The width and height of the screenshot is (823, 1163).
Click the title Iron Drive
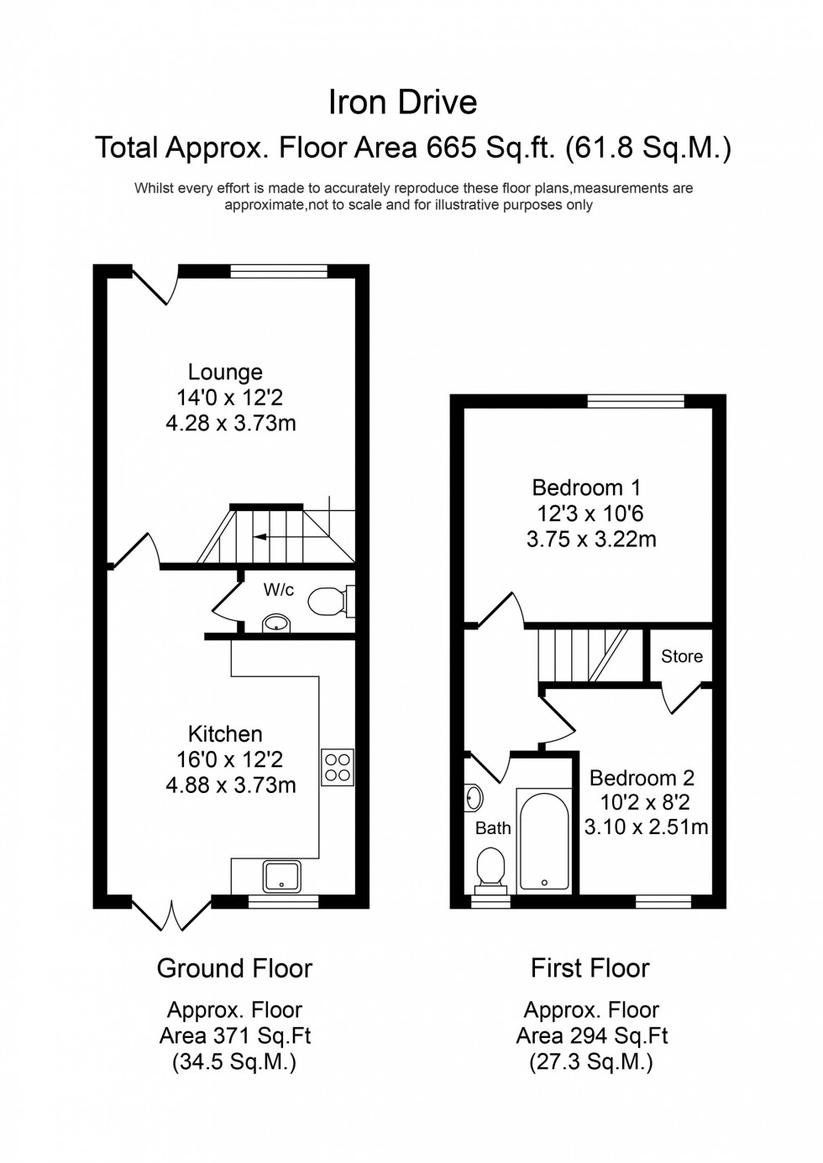[402, 102]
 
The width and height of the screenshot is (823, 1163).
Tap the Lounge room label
[225, 372]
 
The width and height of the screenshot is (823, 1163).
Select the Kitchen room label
[225, 733]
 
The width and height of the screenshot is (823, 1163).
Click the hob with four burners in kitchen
[338, 766]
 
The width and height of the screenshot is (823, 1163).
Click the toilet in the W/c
[329, 601]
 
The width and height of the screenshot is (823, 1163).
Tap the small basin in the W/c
[276, 623]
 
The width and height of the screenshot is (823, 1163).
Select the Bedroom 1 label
[587, 488]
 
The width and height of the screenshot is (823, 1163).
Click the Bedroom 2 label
[642, 778]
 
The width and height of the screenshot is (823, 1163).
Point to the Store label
[681, 656]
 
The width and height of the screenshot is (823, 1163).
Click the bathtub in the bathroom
[543, 839]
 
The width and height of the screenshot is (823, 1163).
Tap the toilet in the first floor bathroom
[490, 867]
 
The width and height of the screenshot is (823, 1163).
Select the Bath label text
[493, 828]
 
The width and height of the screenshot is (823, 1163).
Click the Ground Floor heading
[234, 968]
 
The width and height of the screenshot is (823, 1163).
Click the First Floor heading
[590, 968]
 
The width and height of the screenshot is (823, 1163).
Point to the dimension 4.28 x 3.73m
[231, 423]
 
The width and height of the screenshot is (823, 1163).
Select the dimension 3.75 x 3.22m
[591, 539]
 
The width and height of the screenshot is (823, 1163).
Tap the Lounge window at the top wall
[279, 271]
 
